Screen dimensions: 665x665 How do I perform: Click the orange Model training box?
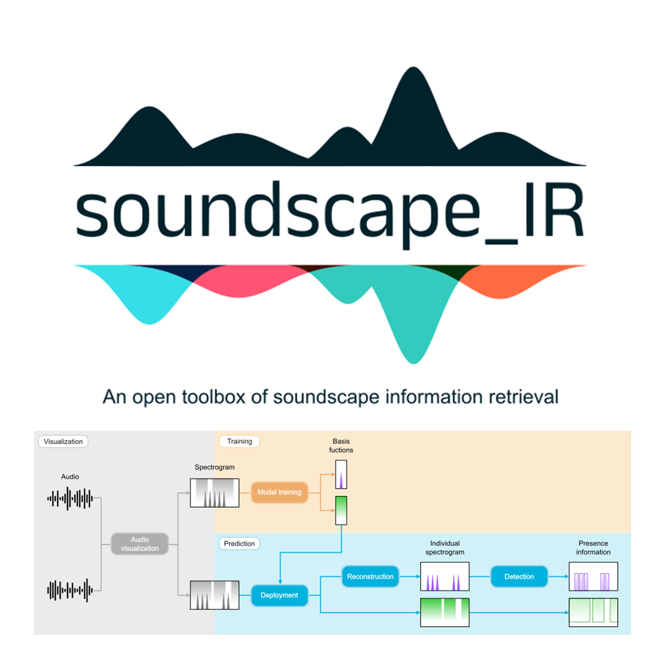279,492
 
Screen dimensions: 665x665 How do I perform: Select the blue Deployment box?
279,595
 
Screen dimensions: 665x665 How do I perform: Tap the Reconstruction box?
370,577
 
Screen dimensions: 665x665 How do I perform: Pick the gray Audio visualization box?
140,544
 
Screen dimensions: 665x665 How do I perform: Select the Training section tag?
239,441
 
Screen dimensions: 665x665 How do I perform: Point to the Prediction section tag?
239,543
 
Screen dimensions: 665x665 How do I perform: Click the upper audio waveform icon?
70,498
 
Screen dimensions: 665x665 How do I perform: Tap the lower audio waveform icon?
70,591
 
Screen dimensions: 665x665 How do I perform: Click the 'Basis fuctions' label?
341,445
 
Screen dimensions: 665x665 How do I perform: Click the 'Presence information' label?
593,548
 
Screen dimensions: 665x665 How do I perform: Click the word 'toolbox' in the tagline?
213,397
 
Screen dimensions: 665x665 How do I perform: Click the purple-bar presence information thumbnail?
593,577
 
